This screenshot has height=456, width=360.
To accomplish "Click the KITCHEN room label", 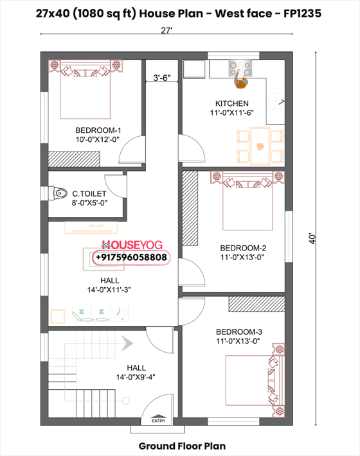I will click(x=231, y=103).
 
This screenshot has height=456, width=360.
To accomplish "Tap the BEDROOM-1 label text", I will click(x=98, y=130).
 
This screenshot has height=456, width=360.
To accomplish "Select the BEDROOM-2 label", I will click(x=242, y=248).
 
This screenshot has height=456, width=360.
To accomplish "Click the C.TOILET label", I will click(x=89, y=193).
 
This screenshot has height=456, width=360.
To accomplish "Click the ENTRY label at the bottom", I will click(x=157, y=421).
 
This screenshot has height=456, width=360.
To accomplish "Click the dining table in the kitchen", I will click(x=260, y=145).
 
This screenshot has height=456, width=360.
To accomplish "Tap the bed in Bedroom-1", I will click(x=87, y=90).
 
